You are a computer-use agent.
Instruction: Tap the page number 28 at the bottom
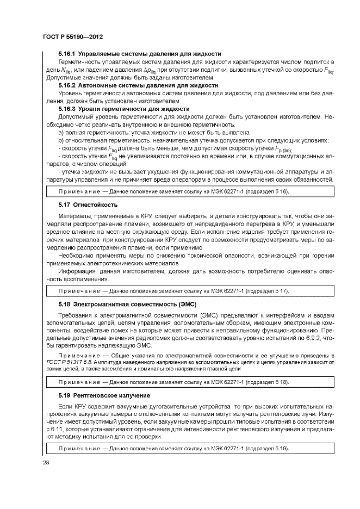46,463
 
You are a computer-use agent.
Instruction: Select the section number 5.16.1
67,54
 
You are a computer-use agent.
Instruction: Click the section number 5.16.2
67,85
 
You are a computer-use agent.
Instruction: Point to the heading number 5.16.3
67,109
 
